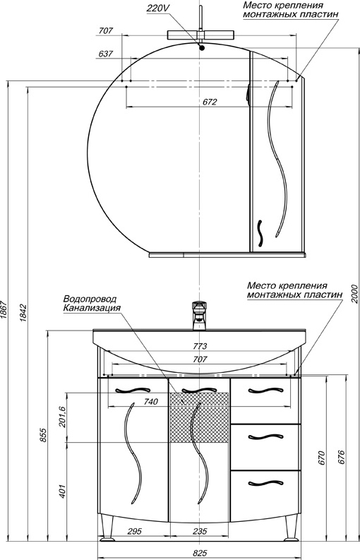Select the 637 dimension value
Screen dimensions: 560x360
point(106,54)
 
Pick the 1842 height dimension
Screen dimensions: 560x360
point(23,311)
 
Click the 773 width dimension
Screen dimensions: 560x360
point(200,347)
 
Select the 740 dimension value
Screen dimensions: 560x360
point(149,401)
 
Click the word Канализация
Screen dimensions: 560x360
point(92,308)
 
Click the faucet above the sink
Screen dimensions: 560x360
point(200,314)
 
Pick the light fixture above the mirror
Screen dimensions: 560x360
point(202,34)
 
